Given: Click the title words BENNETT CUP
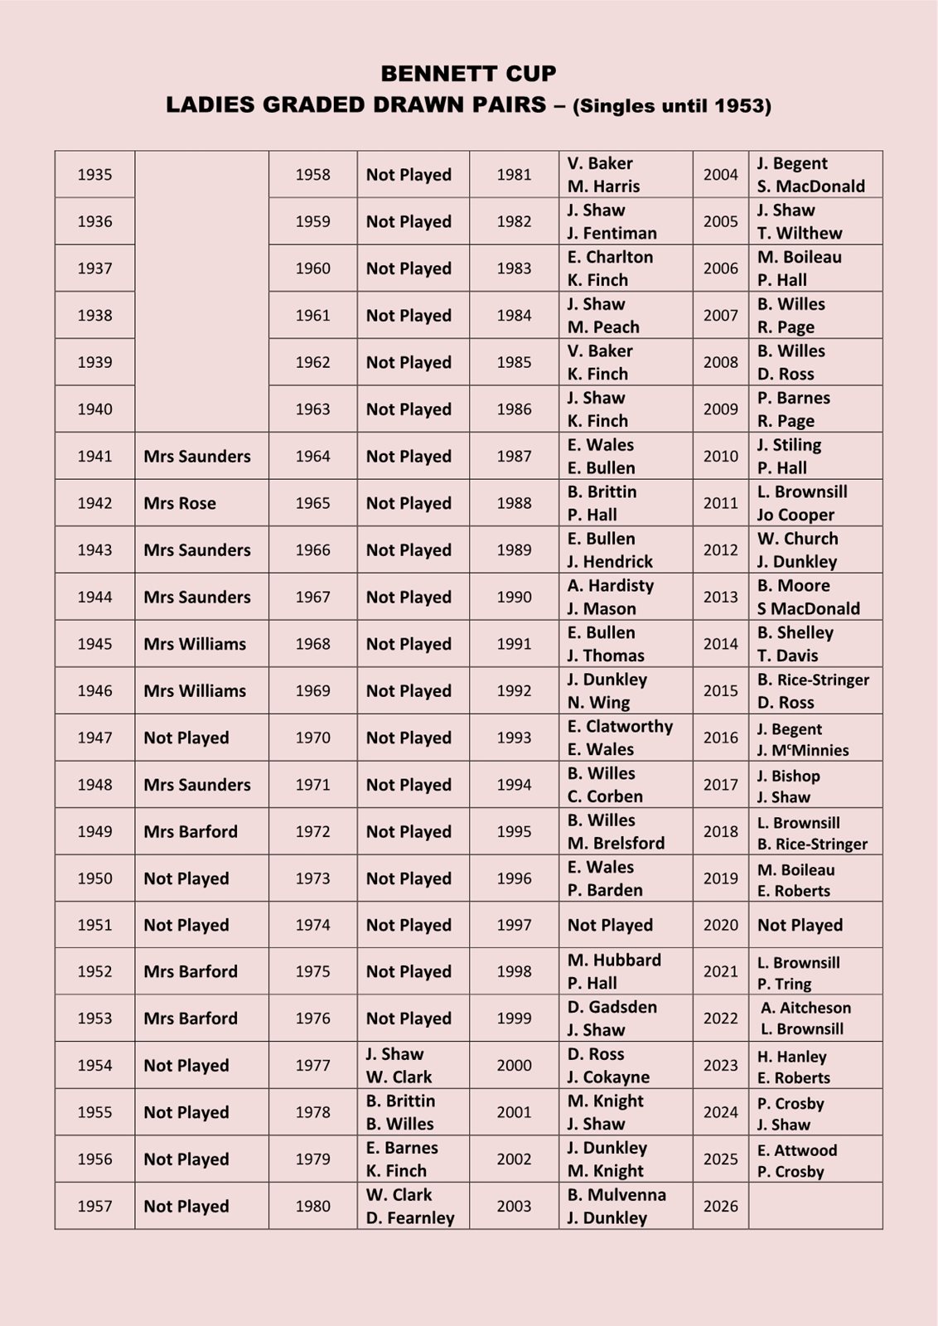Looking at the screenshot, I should [468, 74].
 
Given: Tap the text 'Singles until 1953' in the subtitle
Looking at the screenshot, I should [671, 106].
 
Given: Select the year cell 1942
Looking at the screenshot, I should [94, 503].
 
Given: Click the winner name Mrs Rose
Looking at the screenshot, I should [180, 503].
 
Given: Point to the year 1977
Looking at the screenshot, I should [312, 1066].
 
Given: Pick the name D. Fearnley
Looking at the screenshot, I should [410, 1218].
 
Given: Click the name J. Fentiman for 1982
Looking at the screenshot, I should [612, 234].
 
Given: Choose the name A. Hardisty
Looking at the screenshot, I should [611, 586].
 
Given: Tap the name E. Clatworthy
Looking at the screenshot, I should [620, 727].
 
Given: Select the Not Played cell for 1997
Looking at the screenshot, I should [610, 925].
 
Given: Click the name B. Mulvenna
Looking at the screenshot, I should [616, 1195].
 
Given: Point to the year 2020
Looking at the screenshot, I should [720, 925].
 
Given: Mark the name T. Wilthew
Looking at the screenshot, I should [799, 234].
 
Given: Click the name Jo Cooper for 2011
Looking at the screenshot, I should [795, 515].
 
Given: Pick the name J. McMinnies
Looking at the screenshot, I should [802, 751].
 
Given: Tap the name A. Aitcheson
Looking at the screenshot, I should [805, 1008].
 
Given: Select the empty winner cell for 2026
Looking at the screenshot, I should [815, 1206].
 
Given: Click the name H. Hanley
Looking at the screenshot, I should [791, 1057].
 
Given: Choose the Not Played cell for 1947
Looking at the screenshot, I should [186, 738].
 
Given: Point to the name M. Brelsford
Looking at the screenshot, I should [616, 844].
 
